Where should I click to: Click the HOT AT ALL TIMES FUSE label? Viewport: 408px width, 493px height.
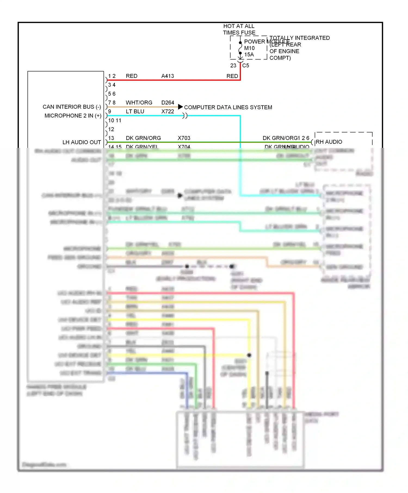click(239, 29)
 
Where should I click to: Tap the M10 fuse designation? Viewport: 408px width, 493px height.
click(249, 48)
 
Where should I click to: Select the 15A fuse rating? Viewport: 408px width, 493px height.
click(249, 55)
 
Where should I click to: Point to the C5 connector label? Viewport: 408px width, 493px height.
click(246, 65)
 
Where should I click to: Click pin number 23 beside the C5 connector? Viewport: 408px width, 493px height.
click(233, 65)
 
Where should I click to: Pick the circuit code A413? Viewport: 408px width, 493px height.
click(168, 76)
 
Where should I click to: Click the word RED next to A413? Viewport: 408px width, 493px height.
click(132, 76)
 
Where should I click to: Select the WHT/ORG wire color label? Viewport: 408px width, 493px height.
click(139, 103)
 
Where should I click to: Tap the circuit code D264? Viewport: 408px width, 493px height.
click(168, 103)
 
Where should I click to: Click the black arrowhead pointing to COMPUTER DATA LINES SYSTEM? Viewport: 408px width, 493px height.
click(180, 107)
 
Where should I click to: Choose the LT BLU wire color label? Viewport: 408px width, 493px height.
click(135, 111)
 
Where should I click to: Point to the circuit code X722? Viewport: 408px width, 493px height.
click(168, 111)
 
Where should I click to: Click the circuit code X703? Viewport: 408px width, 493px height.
click(184, 138)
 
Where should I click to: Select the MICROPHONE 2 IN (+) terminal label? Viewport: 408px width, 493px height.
click(73, 116)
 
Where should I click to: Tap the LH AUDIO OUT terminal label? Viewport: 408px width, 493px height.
click(82, 142)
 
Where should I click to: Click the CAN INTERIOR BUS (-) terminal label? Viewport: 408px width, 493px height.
click(72, 107)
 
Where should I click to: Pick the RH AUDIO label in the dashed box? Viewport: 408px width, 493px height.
click(329, 142)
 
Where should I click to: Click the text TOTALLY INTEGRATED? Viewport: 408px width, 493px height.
click(299, 38)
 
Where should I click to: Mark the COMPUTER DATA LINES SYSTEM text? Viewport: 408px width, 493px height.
click(228, 107)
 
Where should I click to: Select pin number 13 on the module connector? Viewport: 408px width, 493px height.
click(111, 138)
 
